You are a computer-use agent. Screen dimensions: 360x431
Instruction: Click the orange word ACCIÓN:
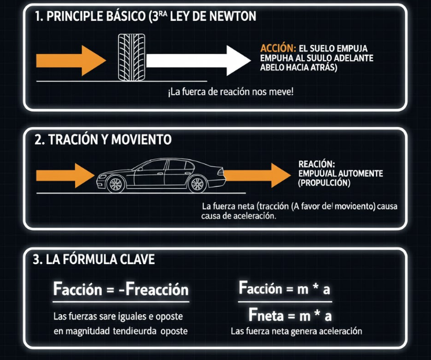point(278,49)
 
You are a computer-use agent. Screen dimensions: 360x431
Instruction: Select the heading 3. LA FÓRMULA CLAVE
point(94,260)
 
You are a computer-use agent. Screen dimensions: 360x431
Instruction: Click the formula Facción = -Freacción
point(121,290)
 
